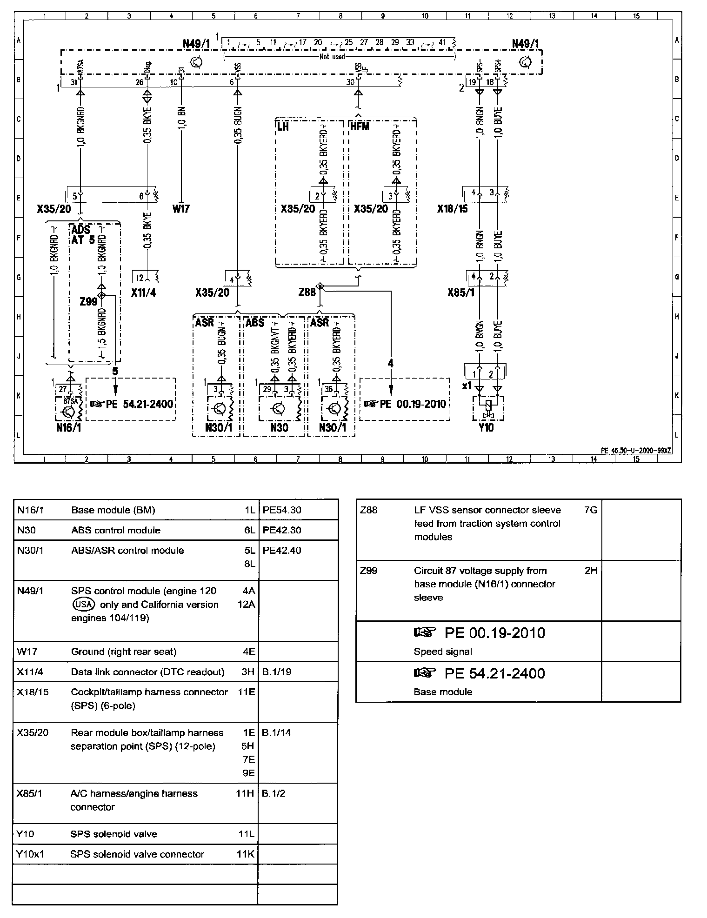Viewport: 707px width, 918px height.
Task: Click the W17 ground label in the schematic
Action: coord(181,209)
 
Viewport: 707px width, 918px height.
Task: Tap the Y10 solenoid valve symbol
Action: coord(487,407)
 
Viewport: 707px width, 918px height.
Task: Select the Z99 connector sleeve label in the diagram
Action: coord(88,302)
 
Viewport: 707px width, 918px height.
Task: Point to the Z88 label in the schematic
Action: coord(307,292)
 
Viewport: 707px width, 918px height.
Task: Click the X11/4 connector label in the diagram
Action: coord(143,293)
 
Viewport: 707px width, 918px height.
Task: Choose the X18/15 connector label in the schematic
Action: coord(452,209)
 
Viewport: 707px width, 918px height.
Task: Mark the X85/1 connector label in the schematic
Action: coord(461,293)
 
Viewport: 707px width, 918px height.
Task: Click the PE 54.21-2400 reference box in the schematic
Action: coord(131,404)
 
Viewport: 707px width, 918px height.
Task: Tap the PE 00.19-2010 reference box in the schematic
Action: coord(405,404)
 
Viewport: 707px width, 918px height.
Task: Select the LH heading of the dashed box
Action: coord(283,126)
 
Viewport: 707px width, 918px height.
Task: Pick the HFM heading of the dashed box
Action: coord(359,126)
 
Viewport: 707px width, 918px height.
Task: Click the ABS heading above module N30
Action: coord(254,323)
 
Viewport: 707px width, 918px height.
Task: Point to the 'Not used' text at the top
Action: coord(332,57)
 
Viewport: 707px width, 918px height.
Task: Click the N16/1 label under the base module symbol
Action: coord(68,428)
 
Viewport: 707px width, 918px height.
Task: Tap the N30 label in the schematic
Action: coord(279,428)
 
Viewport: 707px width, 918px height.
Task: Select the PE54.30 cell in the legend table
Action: coord(282,510)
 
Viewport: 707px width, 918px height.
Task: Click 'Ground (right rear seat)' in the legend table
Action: coord(124,652)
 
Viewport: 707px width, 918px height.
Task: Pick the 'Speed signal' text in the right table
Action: coord(443,652)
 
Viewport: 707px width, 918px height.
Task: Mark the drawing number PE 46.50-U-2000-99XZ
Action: coord(636,450)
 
